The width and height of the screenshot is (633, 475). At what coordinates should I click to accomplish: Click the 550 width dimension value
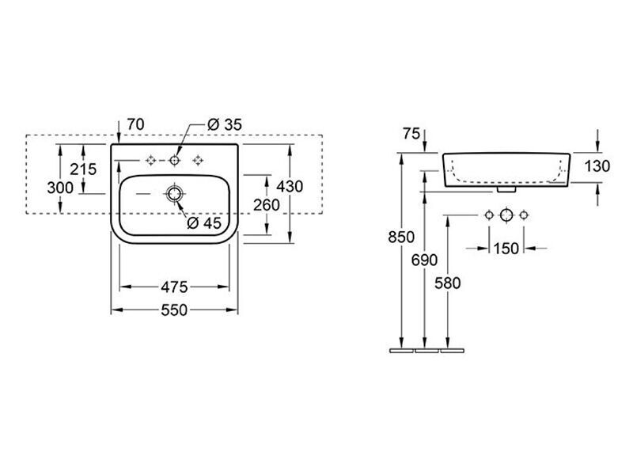click(174, 310)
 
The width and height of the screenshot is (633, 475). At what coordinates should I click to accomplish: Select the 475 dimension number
click(174, 287)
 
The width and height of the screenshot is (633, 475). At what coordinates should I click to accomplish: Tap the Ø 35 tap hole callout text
click(225, 125)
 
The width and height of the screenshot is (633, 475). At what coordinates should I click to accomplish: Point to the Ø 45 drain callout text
click(204, 223)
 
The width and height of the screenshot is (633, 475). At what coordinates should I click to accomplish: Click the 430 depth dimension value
click(290, 187)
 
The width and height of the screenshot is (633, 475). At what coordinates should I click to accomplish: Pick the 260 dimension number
click(267, 205)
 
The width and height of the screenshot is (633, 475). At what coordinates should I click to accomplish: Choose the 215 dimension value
click(83, 169)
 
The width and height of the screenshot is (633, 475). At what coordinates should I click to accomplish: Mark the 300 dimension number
click(60, 188)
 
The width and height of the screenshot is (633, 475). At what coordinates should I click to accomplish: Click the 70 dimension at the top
click(135, 124)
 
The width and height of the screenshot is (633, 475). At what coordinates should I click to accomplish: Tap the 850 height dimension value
click(401, 237)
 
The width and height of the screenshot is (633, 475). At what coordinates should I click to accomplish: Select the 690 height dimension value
click(424, 260)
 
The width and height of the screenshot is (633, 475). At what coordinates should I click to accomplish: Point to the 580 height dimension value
click(447, 283)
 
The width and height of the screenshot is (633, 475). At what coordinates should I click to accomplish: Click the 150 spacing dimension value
click(506, 249)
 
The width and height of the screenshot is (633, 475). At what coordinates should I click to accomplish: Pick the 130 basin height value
click(597, 166)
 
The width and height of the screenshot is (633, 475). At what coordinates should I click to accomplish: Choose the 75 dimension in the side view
click(411, 134)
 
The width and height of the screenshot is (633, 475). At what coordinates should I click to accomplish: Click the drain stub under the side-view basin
click(506, 188)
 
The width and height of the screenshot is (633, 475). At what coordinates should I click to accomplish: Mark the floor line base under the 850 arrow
click(402, 351)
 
